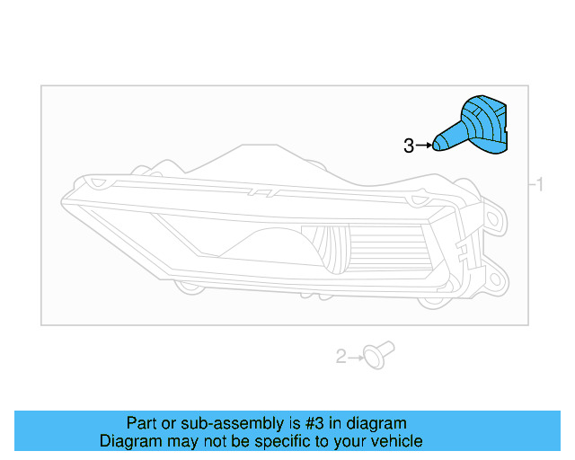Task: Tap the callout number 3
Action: [x=409, y=146]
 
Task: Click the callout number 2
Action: [x=341, y=357]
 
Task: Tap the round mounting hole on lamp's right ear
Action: [x=494, y=217]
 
